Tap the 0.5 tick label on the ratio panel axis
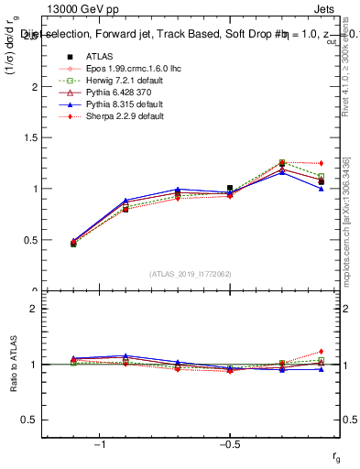[31, 420]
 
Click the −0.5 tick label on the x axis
[229, 443]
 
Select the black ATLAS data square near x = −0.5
[230, 188]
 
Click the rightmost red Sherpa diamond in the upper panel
[321, 163]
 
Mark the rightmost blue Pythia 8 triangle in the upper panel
[321, 189]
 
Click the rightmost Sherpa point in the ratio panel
[321, 351]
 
